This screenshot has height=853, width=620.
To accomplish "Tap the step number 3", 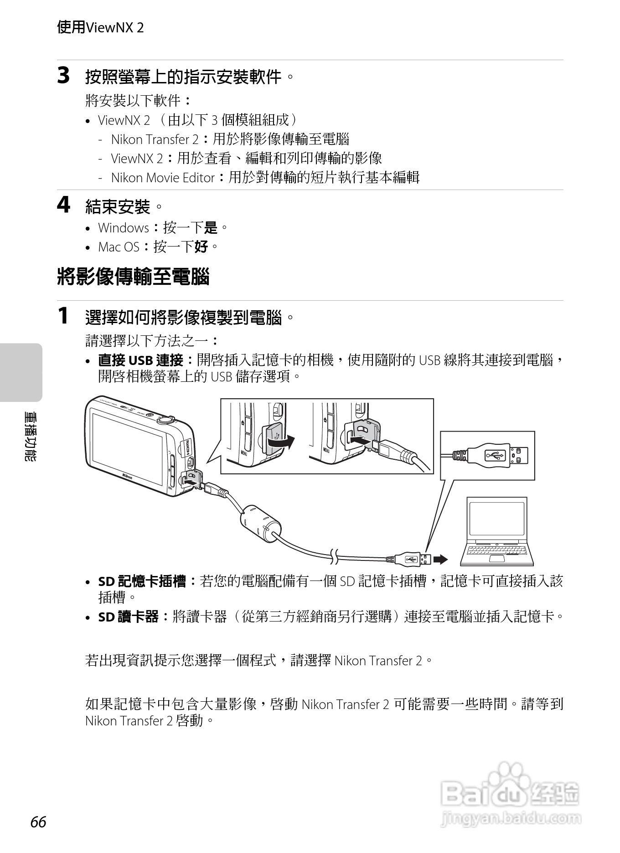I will coord(63,76).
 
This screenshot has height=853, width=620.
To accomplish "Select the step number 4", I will coord(63,205).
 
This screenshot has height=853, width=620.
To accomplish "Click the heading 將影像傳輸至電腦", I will coord(133,277).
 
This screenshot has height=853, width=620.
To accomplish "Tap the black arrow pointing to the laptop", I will coord(440,559).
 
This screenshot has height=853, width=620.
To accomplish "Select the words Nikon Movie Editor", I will coord(163,178).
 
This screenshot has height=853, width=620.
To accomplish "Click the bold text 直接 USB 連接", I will coord(141,360).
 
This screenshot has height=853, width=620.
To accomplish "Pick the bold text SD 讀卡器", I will coord(128,617).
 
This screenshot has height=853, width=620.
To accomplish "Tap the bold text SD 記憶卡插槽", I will coord(142,581).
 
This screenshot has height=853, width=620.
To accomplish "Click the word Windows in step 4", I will coord(124,227).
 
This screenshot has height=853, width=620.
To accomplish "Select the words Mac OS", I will coord(119,247).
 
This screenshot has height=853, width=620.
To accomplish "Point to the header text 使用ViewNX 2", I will coord(100,27).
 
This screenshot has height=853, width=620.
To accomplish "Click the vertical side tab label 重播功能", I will coord(31,436).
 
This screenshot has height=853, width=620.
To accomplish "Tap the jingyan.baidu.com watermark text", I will coord(511,818).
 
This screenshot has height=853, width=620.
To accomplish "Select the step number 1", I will coord(63,316).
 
